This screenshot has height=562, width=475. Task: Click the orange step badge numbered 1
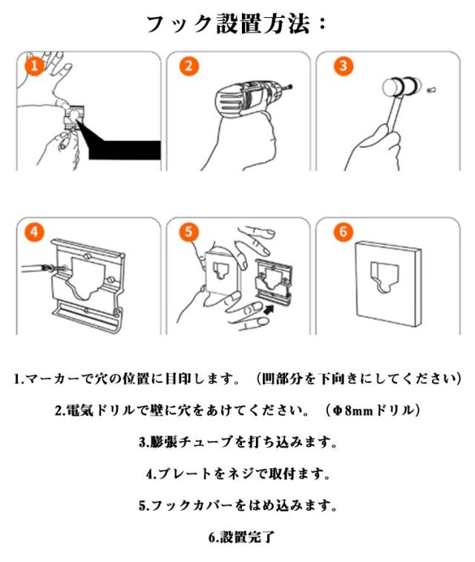35,66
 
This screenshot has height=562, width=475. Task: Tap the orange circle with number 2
189,66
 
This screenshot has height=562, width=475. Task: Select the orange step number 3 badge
343,66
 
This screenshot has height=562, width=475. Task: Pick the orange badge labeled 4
34,232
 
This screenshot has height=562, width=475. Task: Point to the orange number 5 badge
189,232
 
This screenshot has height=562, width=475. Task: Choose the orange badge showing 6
343,232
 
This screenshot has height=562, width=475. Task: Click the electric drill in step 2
247,99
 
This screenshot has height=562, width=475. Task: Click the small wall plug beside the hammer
431,89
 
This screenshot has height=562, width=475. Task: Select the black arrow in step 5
268,309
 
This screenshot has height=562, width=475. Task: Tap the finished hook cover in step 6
388,284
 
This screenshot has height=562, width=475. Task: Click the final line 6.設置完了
242,538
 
